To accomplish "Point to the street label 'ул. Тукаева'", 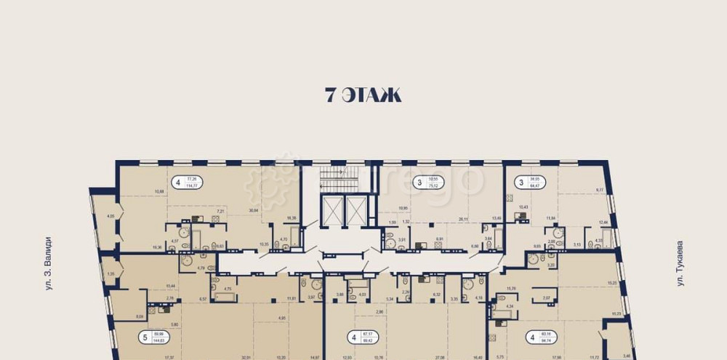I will click(681, 263).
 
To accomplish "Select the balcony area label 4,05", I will click(111, 216).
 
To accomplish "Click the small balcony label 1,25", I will click(111, 273).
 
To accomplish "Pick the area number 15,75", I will click(510, 289).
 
